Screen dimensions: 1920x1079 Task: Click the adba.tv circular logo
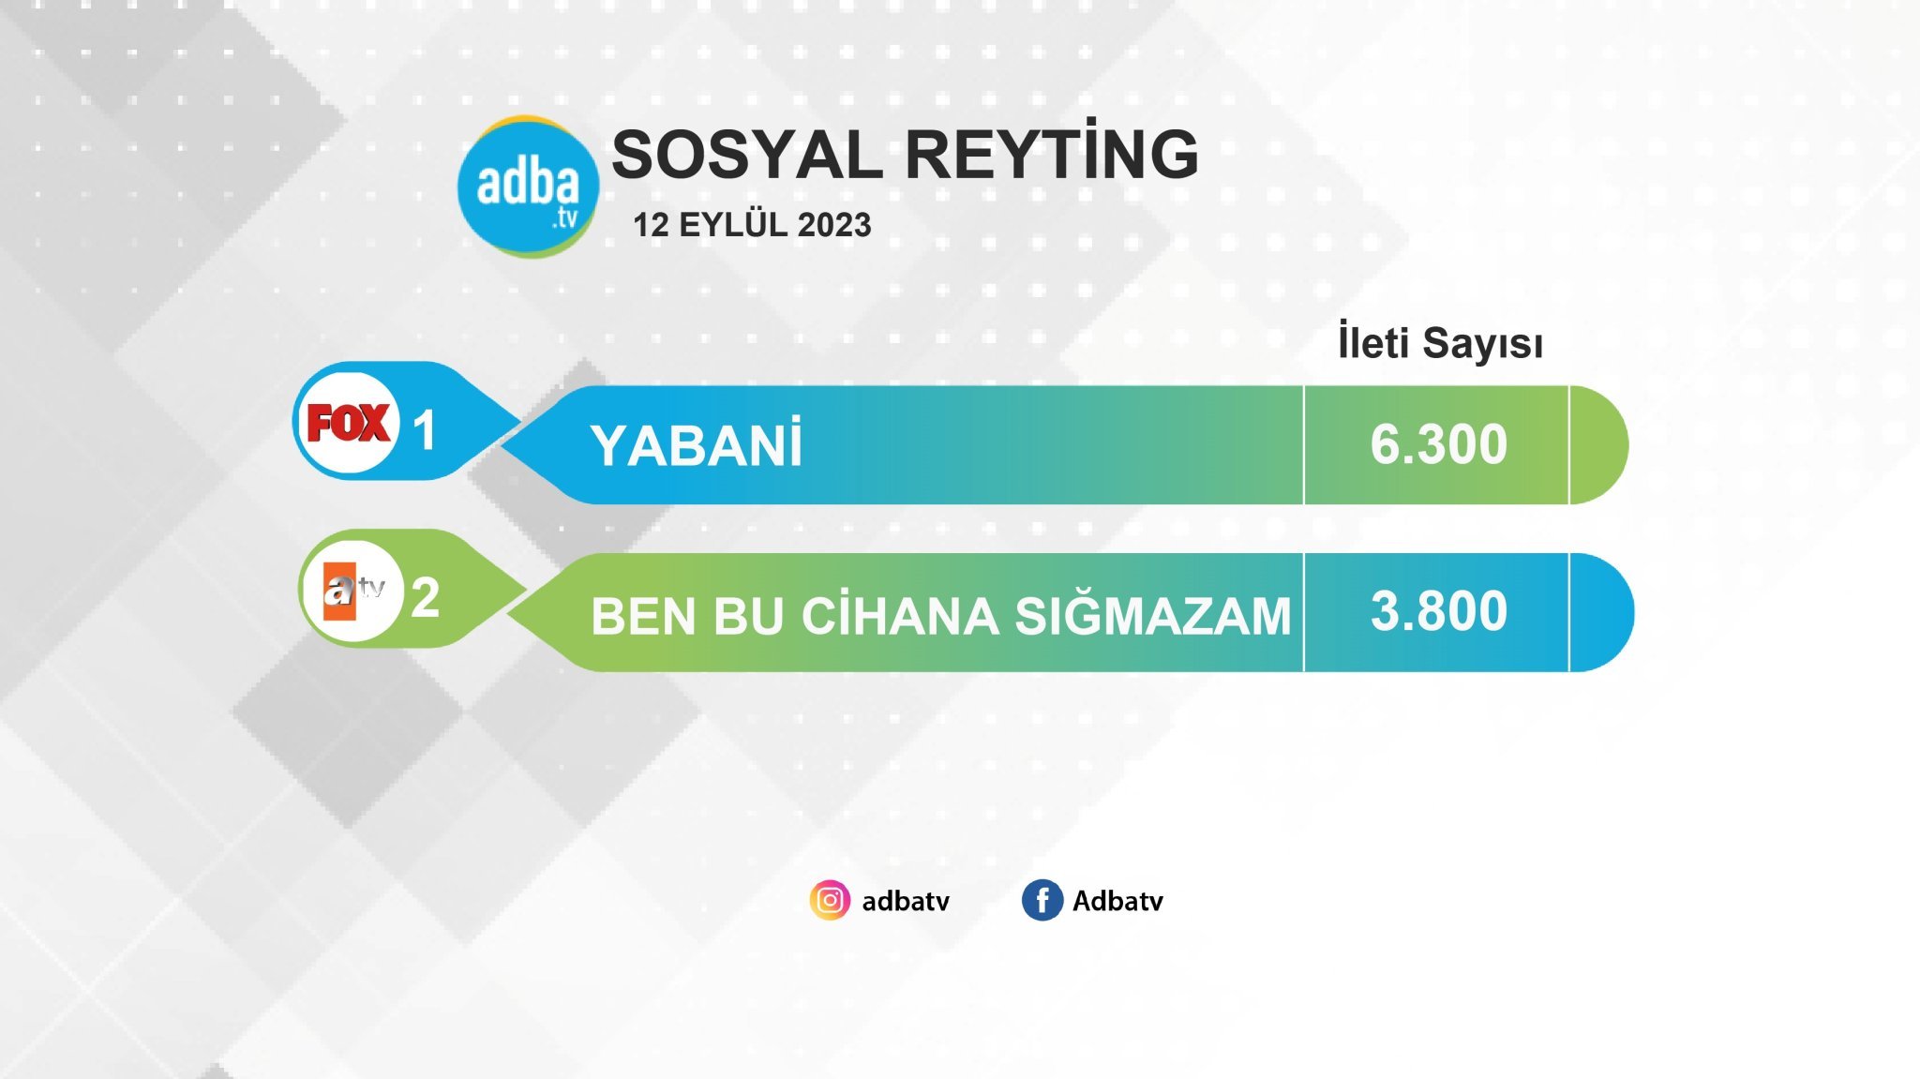coord(528,187)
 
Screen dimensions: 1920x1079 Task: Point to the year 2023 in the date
coord(834,225)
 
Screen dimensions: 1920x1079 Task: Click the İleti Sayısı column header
coord(1440,342)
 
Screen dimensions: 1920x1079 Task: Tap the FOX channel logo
coord(348,423)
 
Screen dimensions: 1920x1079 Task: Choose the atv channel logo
coord(353,591)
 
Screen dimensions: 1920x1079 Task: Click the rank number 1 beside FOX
coord(425,430)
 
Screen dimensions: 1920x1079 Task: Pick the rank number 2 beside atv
coord(426,597)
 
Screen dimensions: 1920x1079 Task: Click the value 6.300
coord(1439,443)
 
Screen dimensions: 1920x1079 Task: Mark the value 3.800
coord(1439,610)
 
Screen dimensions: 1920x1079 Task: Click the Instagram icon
coord(830,900)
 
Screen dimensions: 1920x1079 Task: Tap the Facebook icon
coord(1042,900)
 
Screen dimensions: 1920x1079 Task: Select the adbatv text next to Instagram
coord(906,901)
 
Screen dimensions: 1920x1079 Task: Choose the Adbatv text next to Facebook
coord(1117,901)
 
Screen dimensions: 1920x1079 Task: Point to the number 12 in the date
coord(652,225)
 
